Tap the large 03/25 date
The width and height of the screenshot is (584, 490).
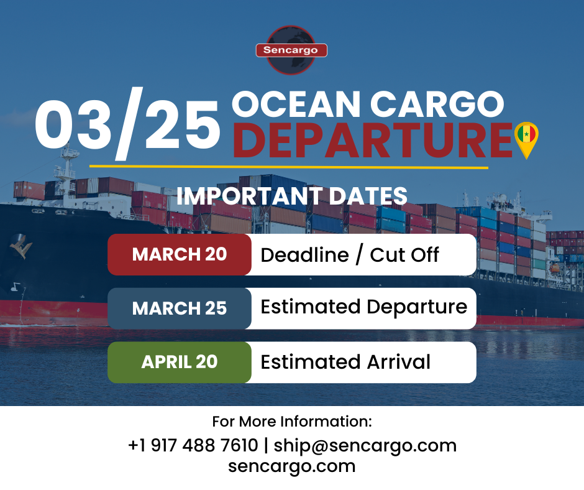[x=127, y=125]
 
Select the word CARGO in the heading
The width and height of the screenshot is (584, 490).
[x=442, y=104]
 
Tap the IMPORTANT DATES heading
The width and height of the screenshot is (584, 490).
[x=292, y=196]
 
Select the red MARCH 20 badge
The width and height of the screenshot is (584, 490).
[x=180, y=254]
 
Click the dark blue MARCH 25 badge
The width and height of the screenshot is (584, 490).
[x=180, y=308]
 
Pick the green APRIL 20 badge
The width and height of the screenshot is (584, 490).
[x=180, y=362]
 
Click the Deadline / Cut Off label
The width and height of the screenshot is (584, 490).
[x=350, y=254]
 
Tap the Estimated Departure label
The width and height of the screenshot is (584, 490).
[x=363, y=307]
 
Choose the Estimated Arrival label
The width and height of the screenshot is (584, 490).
[x=345, y=362]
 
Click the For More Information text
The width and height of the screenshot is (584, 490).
[x=292, y=422]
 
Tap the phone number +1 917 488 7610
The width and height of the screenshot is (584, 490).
[x=193, y=445]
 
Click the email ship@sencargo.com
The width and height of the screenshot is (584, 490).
[x=365, y=445]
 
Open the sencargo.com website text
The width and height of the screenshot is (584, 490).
[x=292, y=466]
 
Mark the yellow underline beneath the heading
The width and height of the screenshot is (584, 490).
[x=288, y=167]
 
